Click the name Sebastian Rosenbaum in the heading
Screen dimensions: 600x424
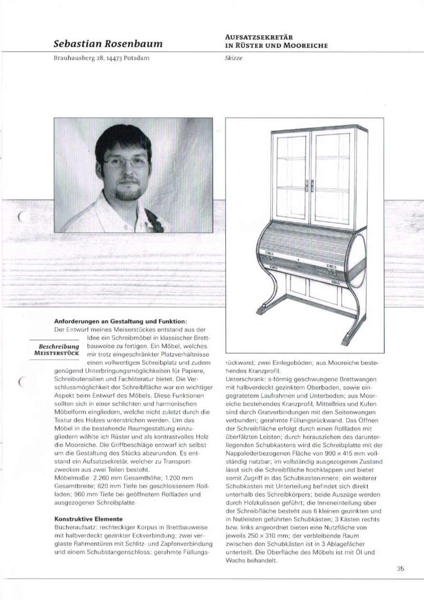point(108,44)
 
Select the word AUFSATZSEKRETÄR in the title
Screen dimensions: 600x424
point(259,37)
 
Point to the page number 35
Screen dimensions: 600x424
point(400,568)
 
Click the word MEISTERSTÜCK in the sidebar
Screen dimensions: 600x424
point(57,354)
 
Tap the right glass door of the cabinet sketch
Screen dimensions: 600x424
point(332,178)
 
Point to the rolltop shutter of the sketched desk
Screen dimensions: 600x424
point(304,242)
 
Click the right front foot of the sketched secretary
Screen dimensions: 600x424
point(353,339)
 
